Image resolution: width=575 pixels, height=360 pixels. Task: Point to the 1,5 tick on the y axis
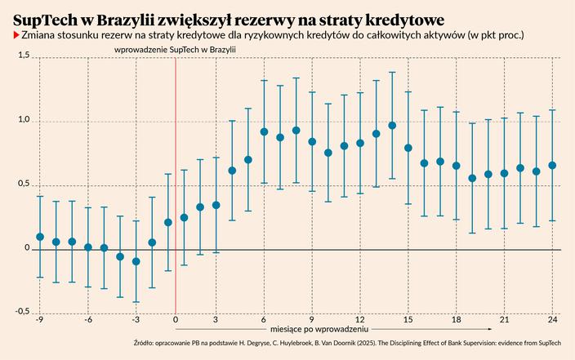tap(22, 55)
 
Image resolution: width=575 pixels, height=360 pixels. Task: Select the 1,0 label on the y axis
tap(22, 119)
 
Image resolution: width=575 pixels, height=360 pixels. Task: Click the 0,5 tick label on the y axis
tap(22, 183)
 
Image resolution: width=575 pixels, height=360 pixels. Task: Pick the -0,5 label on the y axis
tap(20, 311)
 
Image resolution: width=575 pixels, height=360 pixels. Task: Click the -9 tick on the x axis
tap(39, 320)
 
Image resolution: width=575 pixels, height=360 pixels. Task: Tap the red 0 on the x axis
tap(176, 320)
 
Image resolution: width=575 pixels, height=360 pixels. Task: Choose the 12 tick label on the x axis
tap(360, 320)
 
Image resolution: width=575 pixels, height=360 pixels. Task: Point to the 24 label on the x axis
tap(553, 320)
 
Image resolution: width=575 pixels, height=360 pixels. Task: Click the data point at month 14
tap(392, 126)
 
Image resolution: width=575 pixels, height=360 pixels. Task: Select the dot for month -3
tap(136, 261)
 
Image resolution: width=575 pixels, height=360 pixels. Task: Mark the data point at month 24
tap(553, 165)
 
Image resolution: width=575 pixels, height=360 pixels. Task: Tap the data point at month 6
tap(264, 131)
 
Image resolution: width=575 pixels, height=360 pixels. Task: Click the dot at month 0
tap(168, 222)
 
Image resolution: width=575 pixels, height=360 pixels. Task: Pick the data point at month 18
tap(457, 166)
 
